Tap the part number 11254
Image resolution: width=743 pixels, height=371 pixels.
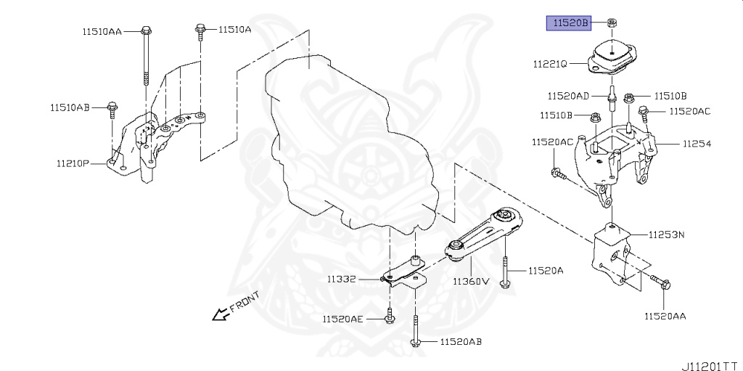click(x=696, y=144)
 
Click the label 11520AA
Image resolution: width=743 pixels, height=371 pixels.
click(x=665, y=316)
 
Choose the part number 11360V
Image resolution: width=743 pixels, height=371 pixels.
click(x=472, y=281)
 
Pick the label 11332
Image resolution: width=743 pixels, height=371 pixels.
click(x=340, y=279)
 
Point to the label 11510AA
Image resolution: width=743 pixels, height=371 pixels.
click(x=102, y=31)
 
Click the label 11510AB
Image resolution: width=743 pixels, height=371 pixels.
click(x=70, y=108)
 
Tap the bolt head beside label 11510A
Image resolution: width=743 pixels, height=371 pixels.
click(x=199, y=30)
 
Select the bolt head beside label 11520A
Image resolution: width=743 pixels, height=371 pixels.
click(x=505, y=282)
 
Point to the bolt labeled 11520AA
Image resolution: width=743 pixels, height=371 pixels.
click(x=662, y=283)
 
